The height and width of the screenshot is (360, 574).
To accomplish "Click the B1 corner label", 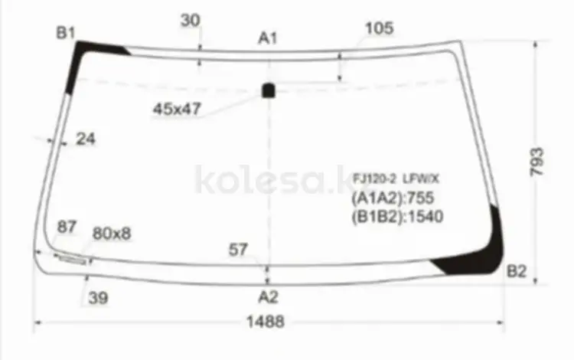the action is pos(66,33).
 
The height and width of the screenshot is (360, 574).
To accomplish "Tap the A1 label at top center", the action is pos(268,38).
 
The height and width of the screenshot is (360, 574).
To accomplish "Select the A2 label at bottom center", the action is pos(269,296).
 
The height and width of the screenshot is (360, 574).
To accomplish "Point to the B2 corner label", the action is pos(517,271).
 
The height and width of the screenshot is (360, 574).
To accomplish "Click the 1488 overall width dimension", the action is pos(266,322).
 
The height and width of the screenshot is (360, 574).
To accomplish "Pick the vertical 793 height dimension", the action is pos(536,162).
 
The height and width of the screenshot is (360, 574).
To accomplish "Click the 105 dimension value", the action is pos(380,28).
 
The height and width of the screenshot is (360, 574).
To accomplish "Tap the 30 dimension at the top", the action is pos(191,20).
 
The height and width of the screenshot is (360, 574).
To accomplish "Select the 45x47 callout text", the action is pos(178,109).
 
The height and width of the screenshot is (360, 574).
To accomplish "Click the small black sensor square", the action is pos(269,90).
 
